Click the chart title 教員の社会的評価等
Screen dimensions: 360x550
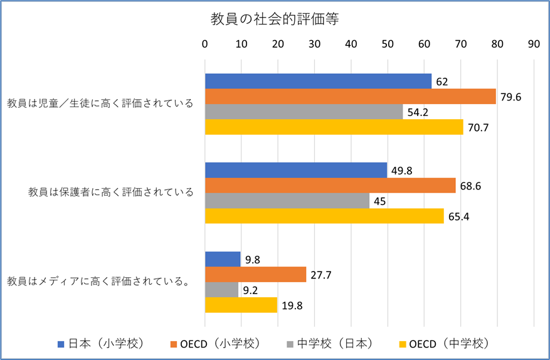coord(275,19)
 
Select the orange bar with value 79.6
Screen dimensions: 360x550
coord(350,96)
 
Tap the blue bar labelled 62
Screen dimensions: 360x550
coord(318,81)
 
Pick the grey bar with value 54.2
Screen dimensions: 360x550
coord(304,111)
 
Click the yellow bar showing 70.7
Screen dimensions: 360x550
coord(334,126)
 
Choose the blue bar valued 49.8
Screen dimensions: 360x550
coord(295,170)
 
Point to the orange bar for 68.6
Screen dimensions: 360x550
coord(330,185)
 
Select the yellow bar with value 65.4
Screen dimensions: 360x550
coord(324,215)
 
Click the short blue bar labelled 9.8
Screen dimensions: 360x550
coord(223,259)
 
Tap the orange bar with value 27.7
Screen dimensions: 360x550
coord(255,274)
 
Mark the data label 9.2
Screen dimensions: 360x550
coord(251,290)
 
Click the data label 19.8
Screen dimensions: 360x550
coord(293,305)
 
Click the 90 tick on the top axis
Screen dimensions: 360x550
coord(534,45)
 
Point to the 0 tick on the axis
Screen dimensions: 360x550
coord(205,45)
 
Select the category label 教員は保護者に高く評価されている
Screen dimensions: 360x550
coord(111,192)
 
